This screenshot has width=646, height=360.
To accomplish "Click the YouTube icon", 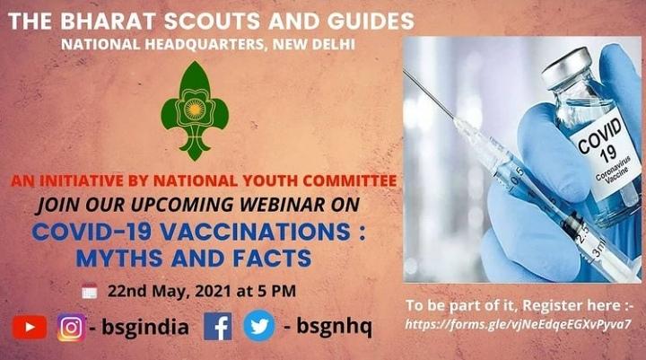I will coord(30,327).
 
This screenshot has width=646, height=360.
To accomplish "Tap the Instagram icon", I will coord(71,327).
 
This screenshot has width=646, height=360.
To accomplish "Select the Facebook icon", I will coord(217,327).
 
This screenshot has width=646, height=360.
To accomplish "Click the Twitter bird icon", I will coord(259,327).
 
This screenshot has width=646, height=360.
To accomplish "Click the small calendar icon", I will coord(89,291).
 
